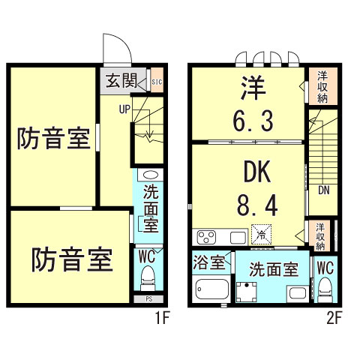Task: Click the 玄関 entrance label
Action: pos(119,80)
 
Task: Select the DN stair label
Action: pos(323,190)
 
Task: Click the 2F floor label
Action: pos(334,317)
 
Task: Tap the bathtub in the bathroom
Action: pos(212,289)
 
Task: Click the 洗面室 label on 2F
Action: pos(274,268)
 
